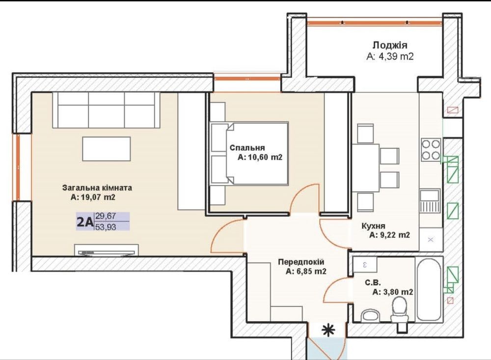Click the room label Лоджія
(x=390, y=45)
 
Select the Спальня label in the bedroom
(x=247, y=147)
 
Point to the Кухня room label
(x=373, y=225)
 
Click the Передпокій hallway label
(x=301, y=262)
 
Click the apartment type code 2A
(x=85, y=222)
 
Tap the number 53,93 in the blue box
(x=106, y=227)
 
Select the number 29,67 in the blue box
(x=106, y=216)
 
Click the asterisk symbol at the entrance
(x=328, y=330)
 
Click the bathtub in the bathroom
(x=429, y=289)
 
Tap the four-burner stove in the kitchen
(x=431, y=150)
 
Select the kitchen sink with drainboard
(x=430, y=200)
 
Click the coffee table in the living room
(x=107, y=149)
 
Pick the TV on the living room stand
(x=107, y=252)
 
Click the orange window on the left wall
(x=18, y=167)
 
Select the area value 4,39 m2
(x=390, y=56)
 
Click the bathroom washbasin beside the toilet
(x=370, y=316)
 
